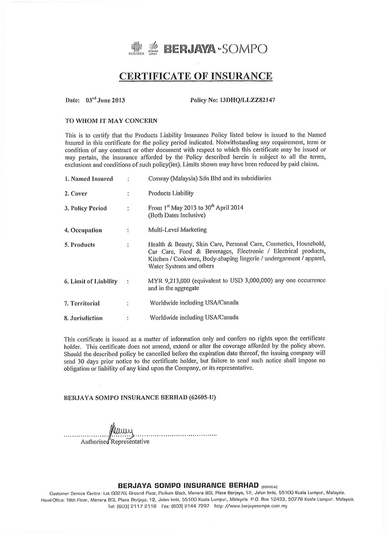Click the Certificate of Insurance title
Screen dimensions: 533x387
(x=196, y=75)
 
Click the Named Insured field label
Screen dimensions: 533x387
(x=88, y=179)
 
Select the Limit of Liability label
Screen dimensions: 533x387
(x=91, y=281)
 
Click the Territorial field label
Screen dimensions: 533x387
(x=82, y=303)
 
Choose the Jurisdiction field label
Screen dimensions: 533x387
(x=83, y=318)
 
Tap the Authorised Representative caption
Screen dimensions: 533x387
(x=115, y=441)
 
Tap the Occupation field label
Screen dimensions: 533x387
(x=83, y=230)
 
